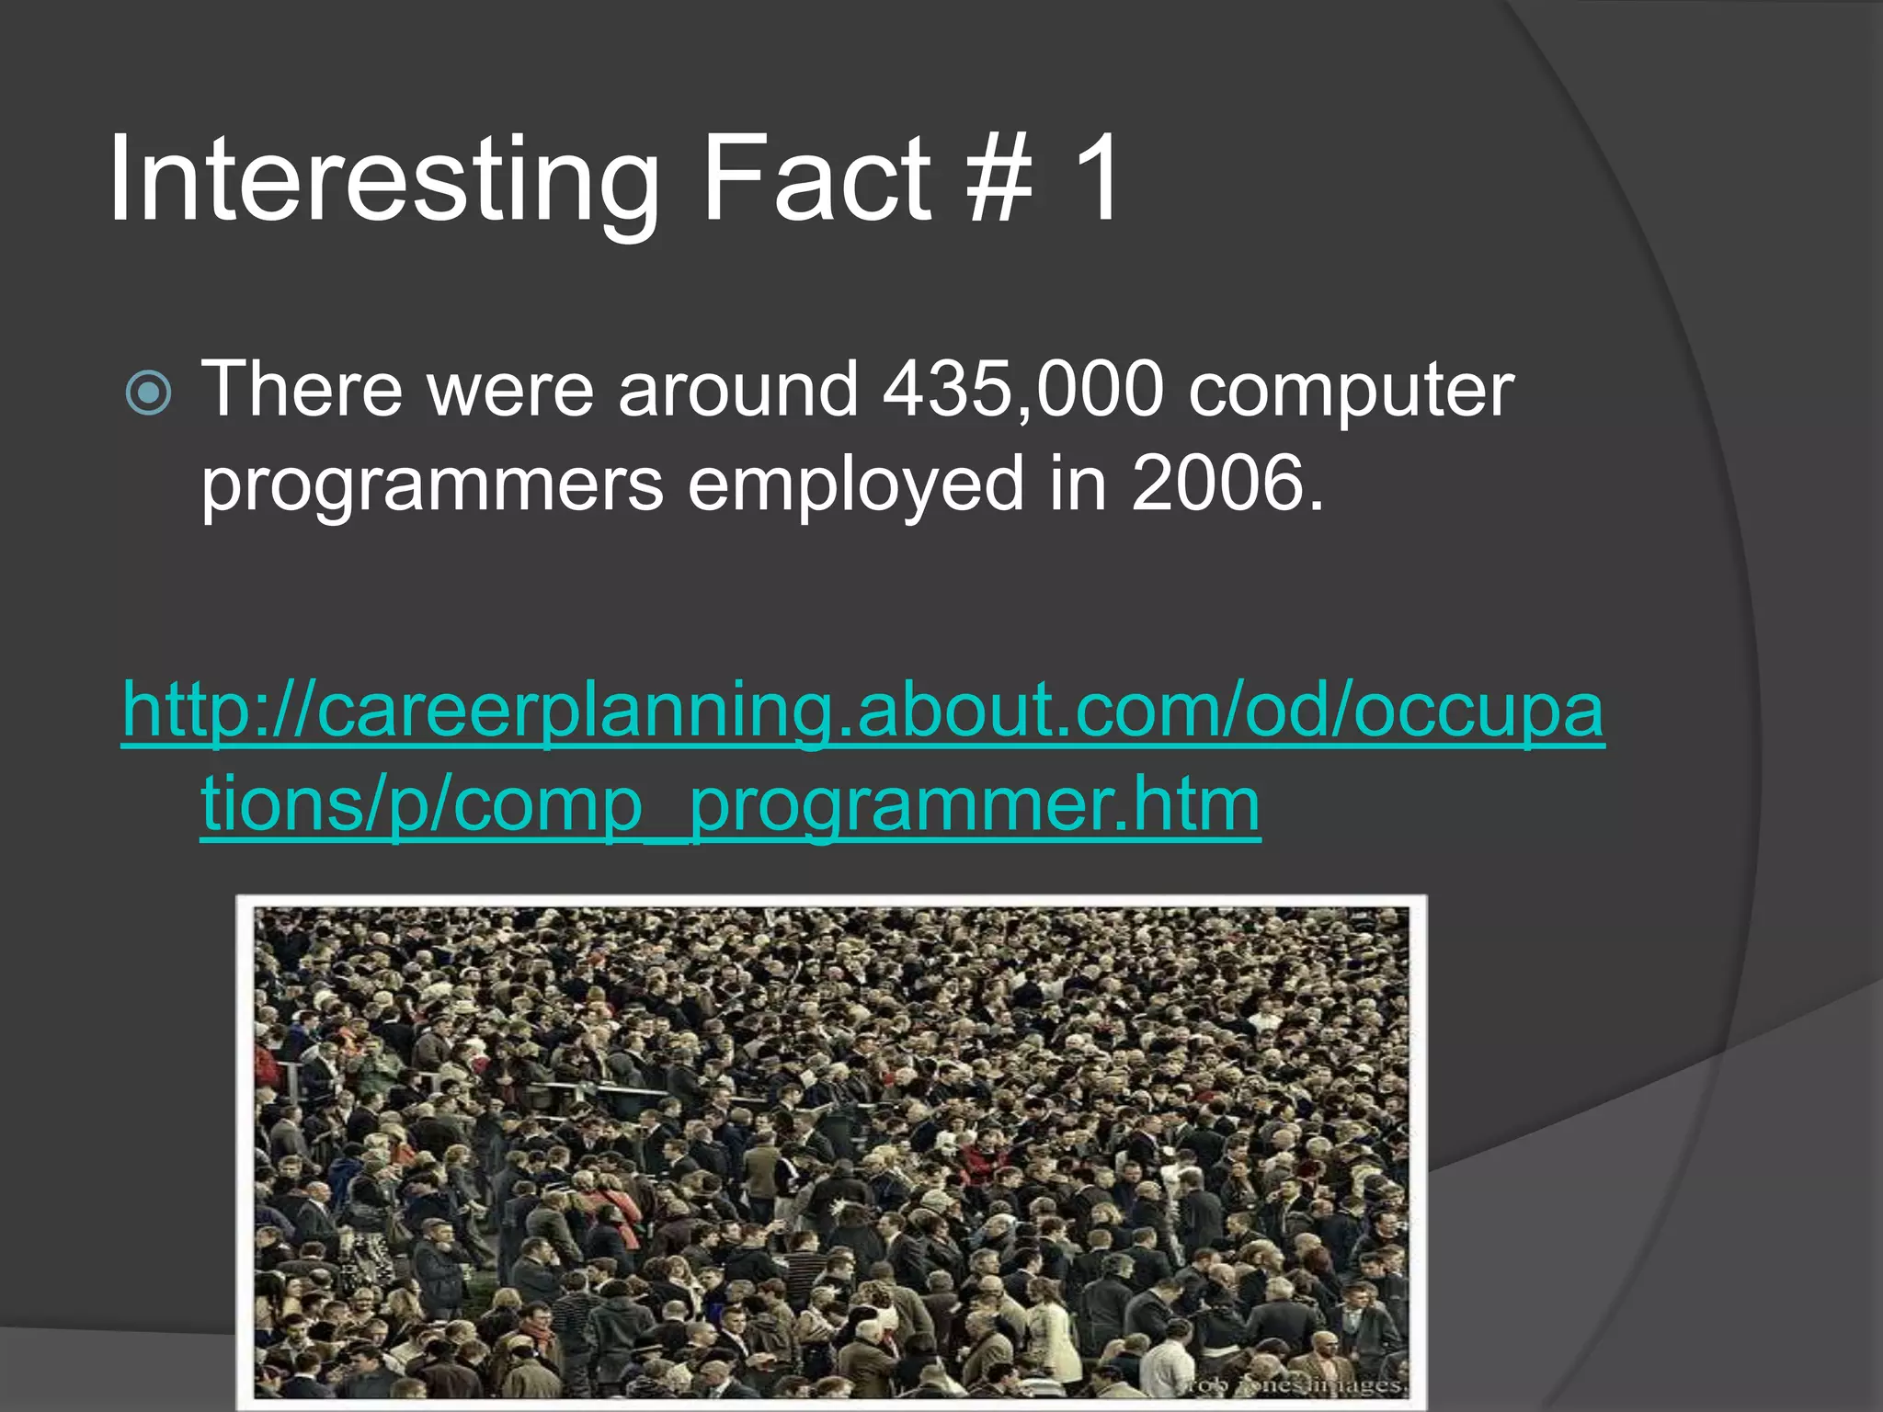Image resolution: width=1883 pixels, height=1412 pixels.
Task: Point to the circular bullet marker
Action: click(x=149, y=393)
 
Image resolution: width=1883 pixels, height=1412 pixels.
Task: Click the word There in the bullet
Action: click(x=302, y=390)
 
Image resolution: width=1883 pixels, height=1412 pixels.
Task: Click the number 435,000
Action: click(x=1023, y=390)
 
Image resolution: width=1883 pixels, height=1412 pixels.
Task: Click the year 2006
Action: click(x=1227, y=484)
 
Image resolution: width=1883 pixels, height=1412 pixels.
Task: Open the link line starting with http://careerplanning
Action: click(x=863, y=711)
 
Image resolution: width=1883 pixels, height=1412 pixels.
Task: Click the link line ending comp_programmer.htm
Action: click(x=730, y=804)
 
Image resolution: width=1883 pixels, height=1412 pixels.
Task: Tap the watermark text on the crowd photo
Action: click(x=1292, y=1384)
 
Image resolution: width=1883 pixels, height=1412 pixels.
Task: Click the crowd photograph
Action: click(x=831, y=1149)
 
